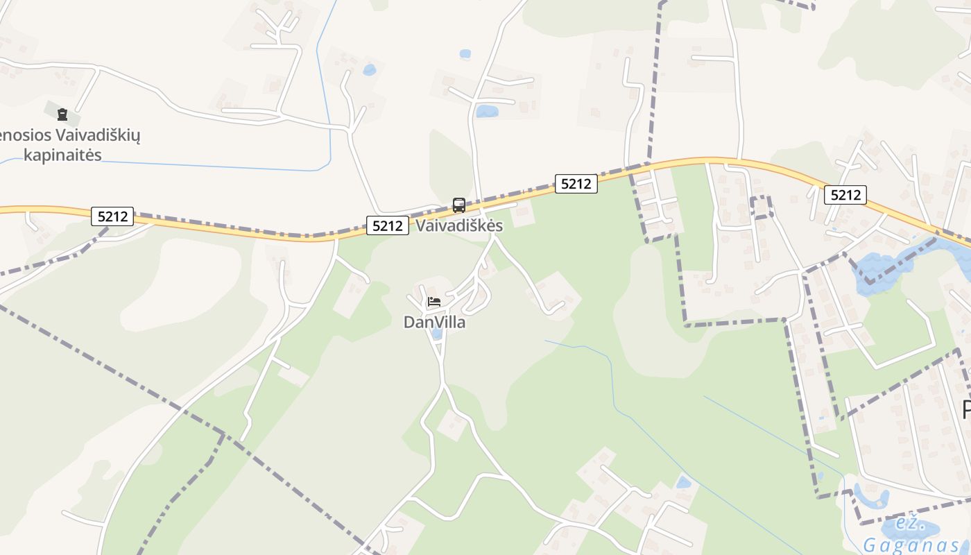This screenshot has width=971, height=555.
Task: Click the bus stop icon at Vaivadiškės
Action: pos(458,205)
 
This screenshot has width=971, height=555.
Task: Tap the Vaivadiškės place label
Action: pos(459,226)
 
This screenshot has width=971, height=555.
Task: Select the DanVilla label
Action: pos(434,323)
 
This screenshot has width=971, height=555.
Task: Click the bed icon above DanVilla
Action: pos(433,302)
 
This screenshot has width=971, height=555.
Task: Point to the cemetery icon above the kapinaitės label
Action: pos(62,114)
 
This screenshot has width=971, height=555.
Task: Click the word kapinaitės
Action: pos(62,155)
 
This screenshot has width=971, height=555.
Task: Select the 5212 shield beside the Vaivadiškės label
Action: pos(387,225)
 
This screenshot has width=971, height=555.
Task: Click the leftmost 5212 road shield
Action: pos(112,216)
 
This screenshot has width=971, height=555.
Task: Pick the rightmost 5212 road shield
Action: pos(845,195)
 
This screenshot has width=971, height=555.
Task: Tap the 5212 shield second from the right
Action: pos(576,184)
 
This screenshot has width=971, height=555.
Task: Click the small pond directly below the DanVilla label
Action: pos(436,334)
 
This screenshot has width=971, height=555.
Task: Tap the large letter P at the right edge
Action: pos(966,409)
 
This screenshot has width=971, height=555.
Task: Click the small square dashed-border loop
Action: pos(761,207)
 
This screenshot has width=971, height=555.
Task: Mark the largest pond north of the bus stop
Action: pos(487,111)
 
